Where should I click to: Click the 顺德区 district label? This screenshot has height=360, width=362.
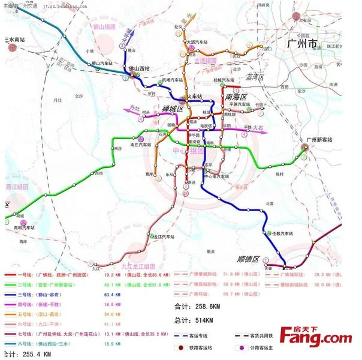[247, 259]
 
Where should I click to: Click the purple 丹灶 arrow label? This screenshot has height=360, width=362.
[135, 109]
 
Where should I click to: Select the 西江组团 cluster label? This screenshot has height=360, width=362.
[17, 187]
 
